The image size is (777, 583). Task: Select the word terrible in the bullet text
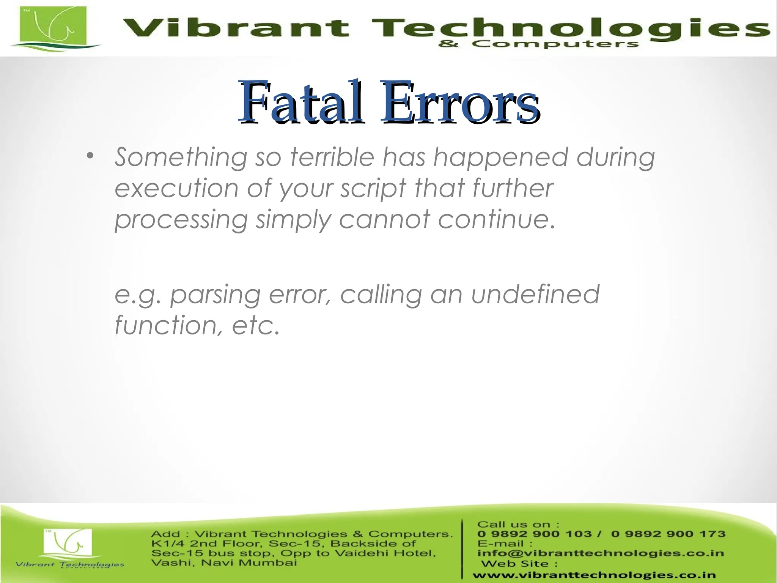coord(332,157)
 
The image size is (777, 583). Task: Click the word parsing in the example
coord(215,295)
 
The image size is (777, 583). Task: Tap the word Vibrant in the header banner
coord(235,28)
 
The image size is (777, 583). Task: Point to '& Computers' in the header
coord(538,44)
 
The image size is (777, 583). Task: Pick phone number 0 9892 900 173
coord(668,534)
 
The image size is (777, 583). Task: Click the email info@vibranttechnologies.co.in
coord(600,553)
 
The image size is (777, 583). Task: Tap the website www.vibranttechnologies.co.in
coord(594,575)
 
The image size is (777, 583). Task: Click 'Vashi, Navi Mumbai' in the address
coord(224,563)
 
